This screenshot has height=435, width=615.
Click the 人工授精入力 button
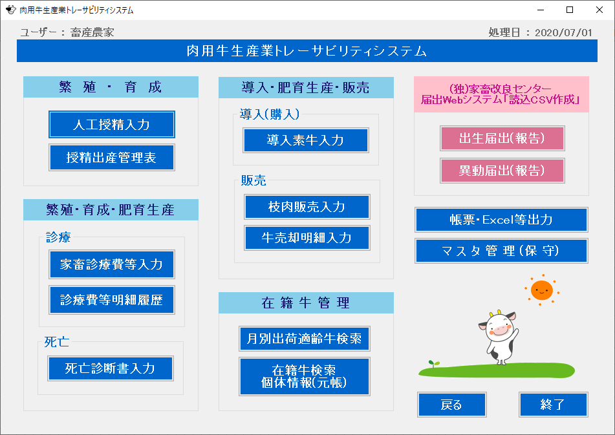(112, 125)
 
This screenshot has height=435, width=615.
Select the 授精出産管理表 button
(112, 158)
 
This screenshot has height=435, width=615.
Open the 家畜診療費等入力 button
(112, 264)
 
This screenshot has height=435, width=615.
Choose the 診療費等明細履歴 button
(112, 300)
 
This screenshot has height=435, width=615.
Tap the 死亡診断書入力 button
(111, 368)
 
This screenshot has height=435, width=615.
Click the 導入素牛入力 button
(306, 140)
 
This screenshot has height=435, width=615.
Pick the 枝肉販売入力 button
(307, 207)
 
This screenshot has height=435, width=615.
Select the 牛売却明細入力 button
(307, 238)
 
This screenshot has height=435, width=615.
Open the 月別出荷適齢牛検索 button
(305, 339)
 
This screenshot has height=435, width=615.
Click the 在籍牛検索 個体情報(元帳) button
(305, 376)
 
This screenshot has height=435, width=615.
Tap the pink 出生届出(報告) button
(502, 138)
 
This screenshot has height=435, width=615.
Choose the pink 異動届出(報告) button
(502, 171)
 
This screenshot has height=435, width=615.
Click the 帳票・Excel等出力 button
(501, 220)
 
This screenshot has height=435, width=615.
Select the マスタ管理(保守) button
(501, 251)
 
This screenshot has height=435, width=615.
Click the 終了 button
(554, 405)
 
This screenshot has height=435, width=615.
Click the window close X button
(599, 10)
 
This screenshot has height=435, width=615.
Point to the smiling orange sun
(542, 290)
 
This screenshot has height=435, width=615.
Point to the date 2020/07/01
(563, 32)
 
